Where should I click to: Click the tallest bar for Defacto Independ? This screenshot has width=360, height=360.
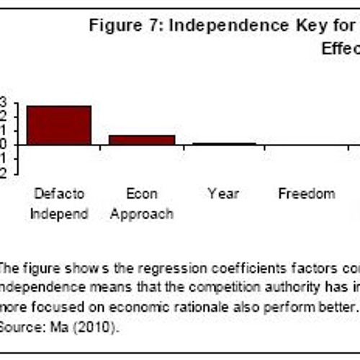pos(59,125)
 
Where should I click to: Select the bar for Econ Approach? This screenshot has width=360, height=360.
pos(142,140)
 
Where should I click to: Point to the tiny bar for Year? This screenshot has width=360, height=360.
pos(224,143)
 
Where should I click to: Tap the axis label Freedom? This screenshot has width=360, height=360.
pos(307,194)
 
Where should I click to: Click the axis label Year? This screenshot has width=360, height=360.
pos(223,194)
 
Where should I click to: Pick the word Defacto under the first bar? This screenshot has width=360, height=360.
pos(59,194)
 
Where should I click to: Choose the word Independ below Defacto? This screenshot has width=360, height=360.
pos(59,214)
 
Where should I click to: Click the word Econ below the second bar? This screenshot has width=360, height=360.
pos(141,194)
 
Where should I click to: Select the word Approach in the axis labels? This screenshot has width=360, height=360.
pos(141,214)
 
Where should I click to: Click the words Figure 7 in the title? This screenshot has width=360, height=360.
pos(115,26)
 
